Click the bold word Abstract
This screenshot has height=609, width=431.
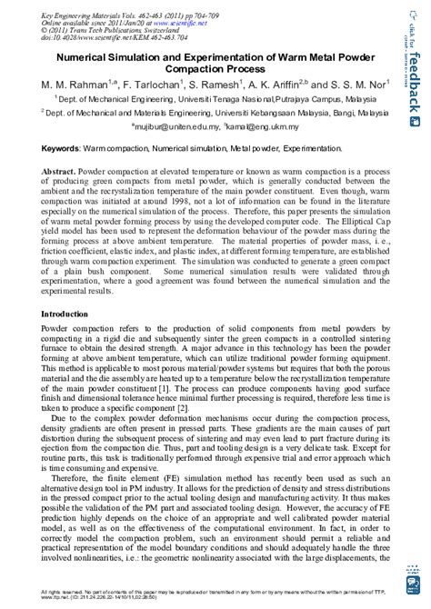(x=75, y=169)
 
